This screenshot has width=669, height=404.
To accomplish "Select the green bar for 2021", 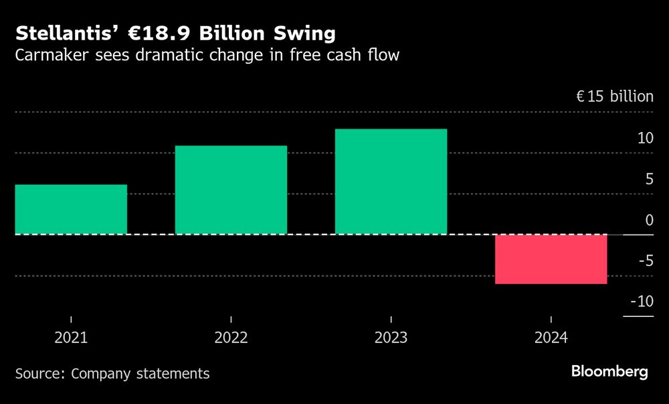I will coord(71,209).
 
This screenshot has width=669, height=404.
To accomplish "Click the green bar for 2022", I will coord(231,190).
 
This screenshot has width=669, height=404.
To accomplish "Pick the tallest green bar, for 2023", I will coord(391,181).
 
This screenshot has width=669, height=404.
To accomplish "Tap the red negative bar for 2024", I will coord(551,259).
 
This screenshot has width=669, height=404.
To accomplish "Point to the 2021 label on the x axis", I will coord(71,338).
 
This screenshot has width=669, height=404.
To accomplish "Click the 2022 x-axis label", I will coord(231,338).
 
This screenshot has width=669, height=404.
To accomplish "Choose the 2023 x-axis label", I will coord(391,338).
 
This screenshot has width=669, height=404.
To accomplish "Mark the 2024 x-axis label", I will coord(551,338).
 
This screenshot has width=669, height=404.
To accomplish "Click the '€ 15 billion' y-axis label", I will coord(615,96).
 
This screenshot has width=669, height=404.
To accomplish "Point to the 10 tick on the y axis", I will coord(645,138).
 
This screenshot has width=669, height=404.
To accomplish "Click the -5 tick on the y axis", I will coord(645,261).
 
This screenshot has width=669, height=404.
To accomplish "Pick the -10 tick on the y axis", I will coord(642,301).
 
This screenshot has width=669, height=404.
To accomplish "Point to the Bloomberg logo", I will coord(609,372).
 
